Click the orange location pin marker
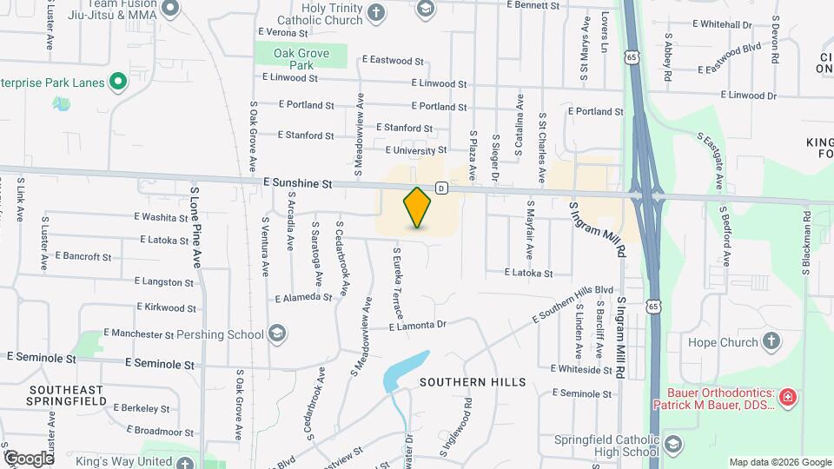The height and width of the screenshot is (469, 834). [418, 208]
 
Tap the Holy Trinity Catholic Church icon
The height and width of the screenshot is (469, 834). [375, 12]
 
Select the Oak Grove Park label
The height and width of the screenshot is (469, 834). [301, 59]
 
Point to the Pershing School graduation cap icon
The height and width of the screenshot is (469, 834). [276, 334]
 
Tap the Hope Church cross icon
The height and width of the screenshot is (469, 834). [770, 341]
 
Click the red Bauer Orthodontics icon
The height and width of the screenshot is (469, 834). [788, 398]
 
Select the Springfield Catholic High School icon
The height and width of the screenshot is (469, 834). [672, 445]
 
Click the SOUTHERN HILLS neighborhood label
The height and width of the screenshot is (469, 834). [473, 382]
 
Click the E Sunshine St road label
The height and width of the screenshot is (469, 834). [298, 184]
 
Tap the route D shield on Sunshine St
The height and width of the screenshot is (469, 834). [441, 188]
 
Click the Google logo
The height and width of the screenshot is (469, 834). [28, 458]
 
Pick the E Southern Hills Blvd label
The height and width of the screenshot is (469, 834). [573, 306]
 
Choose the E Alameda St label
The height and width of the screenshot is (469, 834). [303, 297]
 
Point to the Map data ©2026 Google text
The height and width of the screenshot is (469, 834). [779, 462]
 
